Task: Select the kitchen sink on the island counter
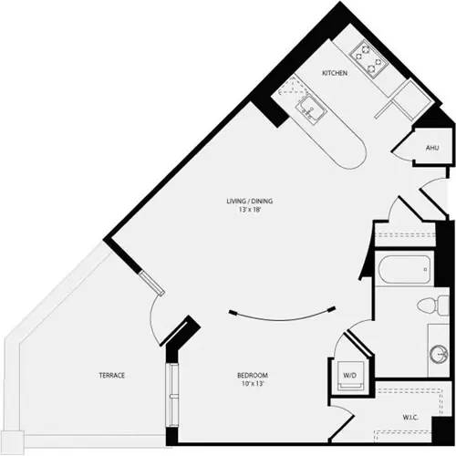[316, 111]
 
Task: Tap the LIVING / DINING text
[250, 201]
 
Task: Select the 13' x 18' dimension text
[250, 212]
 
